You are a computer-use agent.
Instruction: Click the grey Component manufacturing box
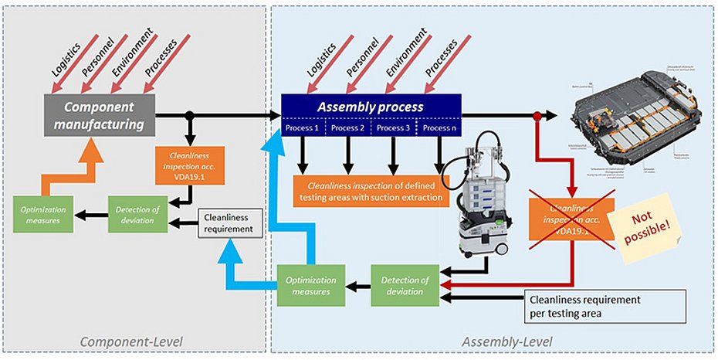98,115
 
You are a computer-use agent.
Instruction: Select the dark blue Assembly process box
371,107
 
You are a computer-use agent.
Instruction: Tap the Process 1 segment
302,127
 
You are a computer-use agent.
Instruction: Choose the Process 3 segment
393,127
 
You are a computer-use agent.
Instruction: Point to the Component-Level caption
134,341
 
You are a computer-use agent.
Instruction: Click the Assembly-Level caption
506,341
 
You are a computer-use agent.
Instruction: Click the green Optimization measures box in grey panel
44,216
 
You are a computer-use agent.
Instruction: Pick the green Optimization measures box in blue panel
310,286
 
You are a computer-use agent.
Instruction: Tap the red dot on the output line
537,116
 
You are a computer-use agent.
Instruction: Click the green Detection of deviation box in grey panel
137,216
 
